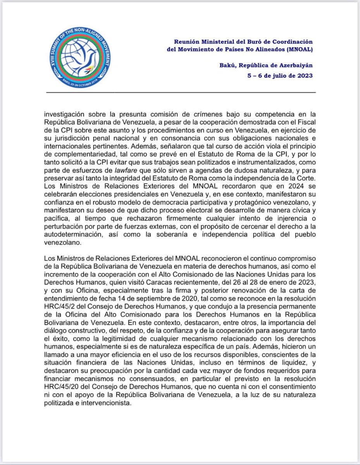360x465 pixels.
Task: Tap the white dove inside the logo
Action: (80, 58)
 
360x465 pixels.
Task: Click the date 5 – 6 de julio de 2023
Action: (280, 76)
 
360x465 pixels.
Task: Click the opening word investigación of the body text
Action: (65, 114)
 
